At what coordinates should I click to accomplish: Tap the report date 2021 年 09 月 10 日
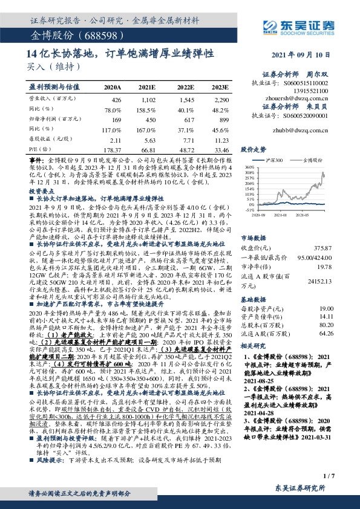point(309,54)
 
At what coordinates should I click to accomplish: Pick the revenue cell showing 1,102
point(148,98)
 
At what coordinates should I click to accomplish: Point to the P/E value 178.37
point(113,149)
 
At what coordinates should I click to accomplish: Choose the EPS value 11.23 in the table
point(221,138)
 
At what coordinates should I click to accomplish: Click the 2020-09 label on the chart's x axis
point(258,214)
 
